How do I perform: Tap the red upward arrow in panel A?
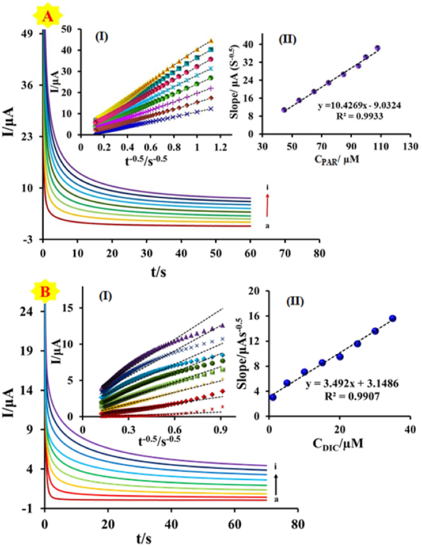pyautogui.click(x=267, y=205)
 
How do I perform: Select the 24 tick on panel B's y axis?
pyautogui.click(x=26, y=312)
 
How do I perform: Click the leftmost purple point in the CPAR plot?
pyautogui.click(x=284, y=110)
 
